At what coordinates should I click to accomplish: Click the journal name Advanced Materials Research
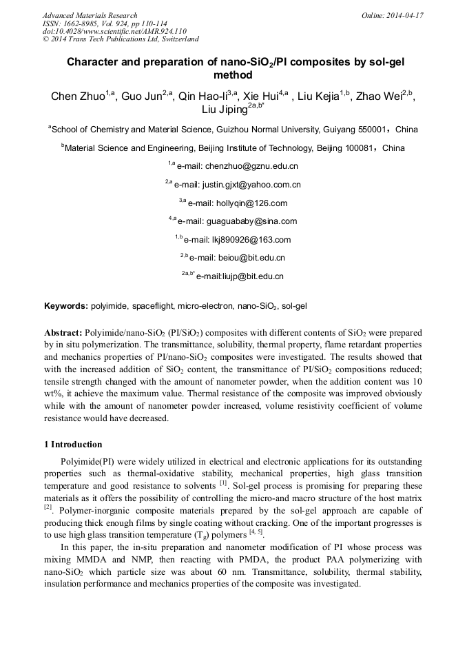90,15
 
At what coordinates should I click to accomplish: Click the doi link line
114,32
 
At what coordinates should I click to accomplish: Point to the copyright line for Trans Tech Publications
121,39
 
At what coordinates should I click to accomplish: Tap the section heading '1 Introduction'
73,445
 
